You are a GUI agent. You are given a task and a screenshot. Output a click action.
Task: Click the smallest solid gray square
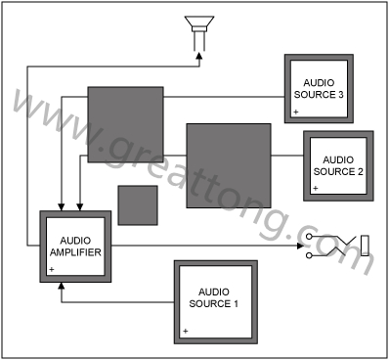click(138, 205)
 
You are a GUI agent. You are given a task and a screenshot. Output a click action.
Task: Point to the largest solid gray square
click(229, 165)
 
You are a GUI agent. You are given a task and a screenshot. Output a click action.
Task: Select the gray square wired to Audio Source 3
click(126, 124)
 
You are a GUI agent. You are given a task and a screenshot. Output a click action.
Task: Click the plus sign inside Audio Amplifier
click(52, 269)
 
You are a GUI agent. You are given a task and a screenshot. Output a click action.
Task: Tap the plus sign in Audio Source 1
click(186, 331)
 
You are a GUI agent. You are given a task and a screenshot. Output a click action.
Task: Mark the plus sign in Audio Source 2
click(316, 188)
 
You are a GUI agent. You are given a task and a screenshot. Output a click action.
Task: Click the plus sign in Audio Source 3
click(296, 112)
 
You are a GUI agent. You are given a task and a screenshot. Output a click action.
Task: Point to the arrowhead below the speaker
click(199, 56)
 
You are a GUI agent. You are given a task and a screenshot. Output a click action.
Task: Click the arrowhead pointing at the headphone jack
click(301, 246)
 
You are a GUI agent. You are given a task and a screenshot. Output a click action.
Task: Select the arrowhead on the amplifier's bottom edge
click(62, 286)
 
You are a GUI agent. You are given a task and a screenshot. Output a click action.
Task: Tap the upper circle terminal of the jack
click(309, 236)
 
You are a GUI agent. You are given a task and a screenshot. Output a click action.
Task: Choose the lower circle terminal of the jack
click(309, 255)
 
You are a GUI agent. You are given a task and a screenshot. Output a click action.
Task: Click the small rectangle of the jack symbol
click(365, 246)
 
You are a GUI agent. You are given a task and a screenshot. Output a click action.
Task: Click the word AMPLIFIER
click(75, 252)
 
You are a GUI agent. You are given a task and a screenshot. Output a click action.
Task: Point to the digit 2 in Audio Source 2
click(360, 171)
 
